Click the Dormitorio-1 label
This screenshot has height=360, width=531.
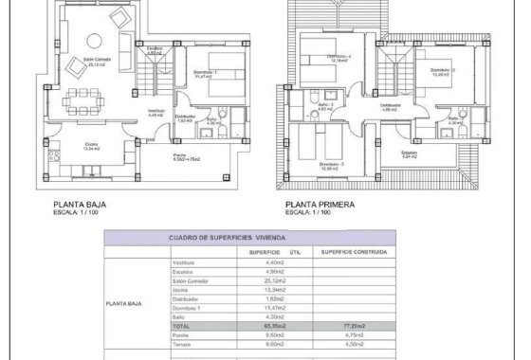(x=203, y=73)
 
